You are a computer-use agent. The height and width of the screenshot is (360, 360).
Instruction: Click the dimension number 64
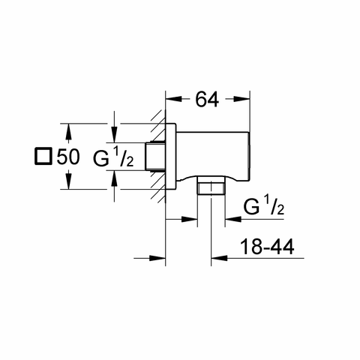click(x=207, y=100)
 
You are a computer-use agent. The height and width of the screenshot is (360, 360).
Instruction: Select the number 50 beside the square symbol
click(x=68, y=157)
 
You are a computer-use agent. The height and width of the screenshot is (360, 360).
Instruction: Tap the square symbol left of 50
click(x=43, y=157)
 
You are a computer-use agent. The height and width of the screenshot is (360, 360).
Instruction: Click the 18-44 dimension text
click(x=267, y=247)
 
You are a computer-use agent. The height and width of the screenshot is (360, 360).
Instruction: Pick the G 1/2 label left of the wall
click(x=113, y=157)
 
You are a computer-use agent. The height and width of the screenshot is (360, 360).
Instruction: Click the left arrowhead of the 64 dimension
click(x=174, y=99)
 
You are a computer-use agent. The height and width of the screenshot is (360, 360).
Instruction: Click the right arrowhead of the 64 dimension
click(x=241, y=99)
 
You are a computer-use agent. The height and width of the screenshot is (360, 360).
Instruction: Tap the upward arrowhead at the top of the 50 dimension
click(x=68, y=131)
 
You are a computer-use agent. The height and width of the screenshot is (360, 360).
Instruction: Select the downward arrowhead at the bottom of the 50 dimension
click(x=68, y=181)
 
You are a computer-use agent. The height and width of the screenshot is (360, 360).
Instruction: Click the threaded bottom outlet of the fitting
click(x=211, y=185)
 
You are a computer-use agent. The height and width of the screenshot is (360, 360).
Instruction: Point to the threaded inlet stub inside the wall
click(x=155, y=157)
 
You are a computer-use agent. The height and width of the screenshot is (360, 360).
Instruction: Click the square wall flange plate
click(x=171, y=157)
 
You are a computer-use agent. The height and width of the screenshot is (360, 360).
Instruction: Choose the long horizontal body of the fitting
click(x=212, y=156)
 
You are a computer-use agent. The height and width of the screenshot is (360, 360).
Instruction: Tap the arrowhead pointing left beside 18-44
click(x=219, y=258)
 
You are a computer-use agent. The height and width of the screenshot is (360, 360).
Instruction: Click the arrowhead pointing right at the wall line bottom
click(x=157, y=258)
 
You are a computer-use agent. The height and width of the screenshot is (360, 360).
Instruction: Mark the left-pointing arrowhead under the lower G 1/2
click(x=233, y=219)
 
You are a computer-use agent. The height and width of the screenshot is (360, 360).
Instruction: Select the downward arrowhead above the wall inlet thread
click(x=114, y=135)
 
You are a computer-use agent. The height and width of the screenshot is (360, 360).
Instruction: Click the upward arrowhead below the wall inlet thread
click(x=114, y=178)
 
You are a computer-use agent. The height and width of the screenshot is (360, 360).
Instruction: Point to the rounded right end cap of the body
click(x=248, y=156)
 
